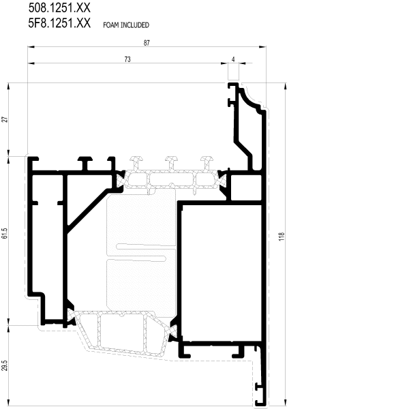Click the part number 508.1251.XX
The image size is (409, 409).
59,7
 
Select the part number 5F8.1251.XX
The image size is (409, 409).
59,23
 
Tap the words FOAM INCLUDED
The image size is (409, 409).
126,25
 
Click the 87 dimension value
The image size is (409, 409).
147,43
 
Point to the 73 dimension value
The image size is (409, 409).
127,59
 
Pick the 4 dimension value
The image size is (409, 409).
233,59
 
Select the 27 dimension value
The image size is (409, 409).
5,119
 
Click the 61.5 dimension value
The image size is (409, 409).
5,233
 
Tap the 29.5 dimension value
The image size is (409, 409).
5,365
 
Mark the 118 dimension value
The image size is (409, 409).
282,237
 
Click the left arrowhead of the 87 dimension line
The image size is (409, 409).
31,47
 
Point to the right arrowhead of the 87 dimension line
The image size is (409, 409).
262,47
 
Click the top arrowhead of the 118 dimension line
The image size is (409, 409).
286,87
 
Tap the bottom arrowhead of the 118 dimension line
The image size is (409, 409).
286,402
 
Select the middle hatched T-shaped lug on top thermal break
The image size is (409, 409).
171,163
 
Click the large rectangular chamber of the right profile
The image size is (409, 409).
222,273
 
